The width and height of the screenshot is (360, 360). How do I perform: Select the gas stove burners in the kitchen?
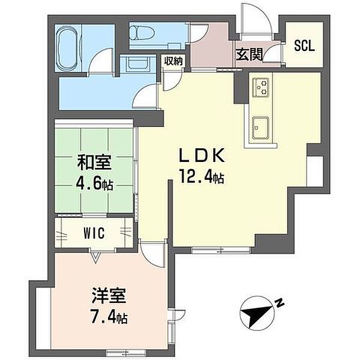click(260, 88)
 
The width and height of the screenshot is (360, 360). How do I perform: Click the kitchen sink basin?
click(260, 128)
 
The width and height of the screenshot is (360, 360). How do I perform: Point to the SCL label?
click(304, 46)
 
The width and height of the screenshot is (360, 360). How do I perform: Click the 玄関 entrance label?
click(250, 55)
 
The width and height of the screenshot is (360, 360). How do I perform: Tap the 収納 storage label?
click(173, 61)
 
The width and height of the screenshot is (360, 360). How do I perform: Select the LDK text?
click(202, 155)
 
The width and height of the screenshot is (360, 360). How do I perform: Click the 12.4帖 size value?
click(202, 176)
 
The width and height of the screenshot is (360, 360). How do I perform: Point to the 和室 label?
click(94, 163)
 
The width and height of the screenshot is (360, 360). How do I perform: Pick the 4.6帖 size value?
click(94, 183)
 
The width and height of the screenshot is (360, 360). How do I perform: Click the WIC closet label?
click(94, 233)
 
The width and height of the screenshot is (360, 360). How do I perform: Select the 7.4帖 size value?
click(109, 316)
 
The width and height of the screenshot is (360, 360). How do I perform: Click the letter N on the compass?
click(280, 303)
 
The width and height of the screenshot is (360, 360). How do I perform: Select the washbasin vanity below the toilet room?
click(138, 64)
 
